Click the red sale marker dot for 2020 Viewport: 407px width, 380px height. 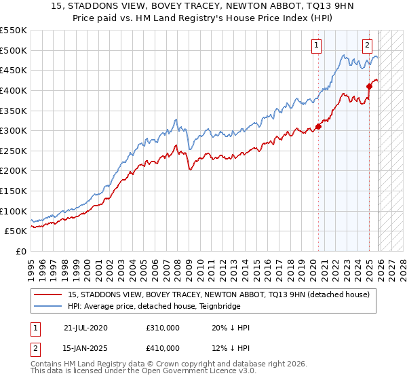pos(318,127)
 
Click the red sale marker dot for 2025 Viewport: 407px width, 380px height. pos(370,86)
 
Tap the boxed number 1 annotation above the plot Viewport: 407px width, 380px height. pos(317,45)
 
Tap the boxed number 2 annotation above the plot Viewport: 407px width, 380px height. pos(367,45)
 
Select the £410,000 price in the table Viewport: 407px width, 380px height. pos(162,348)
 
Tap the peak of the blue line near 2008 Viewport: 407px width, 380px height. pos(176,119)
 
